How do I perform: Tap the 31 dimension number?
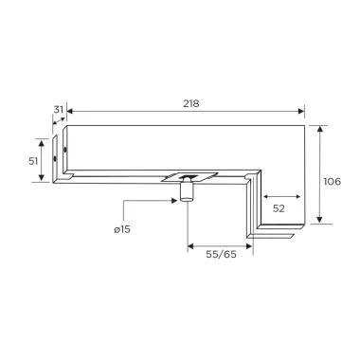click(59, 110)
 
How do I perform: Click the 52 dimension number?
click(280, 207)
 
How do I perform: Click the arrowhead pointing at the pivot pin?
click(175, 201)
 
